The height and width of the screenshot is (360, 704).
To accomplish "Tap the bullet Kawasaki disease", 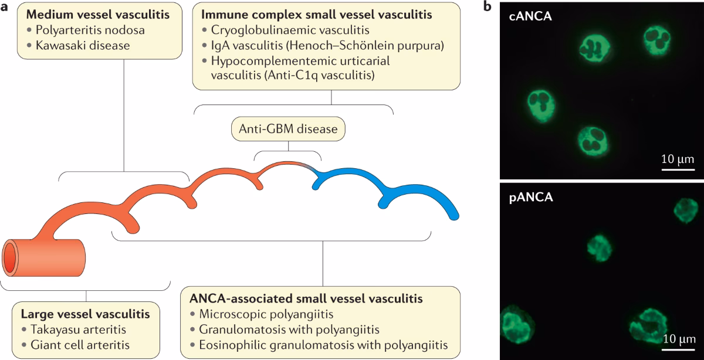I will (76, 45).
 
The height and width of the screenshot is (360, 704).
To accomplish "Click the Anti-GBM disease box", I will (287, 128).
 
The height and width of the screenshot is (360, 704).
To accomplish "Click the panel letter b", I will (486, 7).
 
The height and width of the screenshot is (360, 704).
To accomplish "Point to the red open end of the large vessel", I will (10, 259).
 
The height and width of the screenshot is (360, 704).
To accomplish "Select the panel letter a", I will (5, 7).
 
